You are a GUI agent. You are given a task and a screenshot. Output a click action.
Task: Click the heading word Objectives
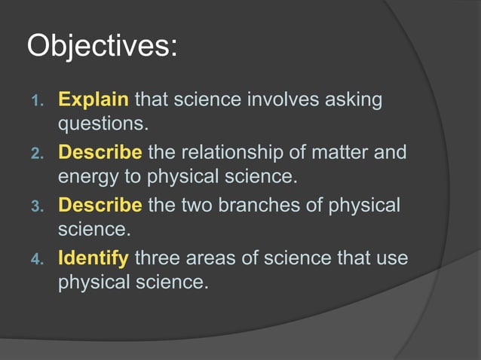102,46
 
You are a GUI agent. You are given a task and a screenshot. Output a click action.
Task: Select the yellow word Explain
94,99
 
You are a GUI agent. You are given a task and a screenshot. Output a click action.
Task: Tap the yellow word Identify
93,259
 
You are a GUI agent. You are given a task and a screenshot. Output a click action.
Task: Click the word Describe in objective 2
100,153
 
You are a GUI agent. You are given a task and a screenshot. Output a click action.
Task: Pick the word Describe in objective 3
100,206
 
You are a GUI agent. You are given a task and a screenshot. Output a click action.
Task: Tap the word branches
261,206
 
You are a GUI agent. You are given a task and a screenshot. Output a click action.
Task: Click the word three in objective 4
156,259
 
